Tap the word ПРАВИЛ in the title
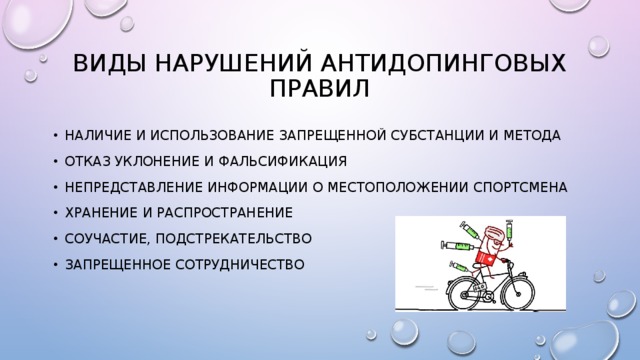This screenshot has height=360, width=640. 320,91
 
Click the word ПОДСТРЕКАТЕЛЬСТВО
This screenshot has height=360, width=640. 246,238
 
